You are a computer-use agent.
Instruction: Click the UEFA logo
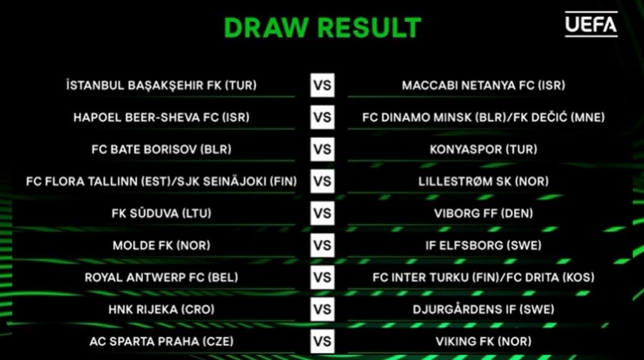coord(591,24)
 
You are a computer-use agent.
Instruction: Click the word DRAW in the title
coord(266,28)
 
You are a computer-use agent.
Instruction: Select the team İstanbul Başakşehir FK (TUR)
coord(162,85)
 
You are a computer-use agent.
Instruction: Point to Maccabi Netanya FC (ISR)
coord(484,85)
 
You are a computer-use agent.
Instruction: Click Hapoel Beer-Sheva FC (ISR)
coord(162,117)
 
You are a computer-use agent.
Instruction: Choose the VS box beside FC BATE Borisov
coord(323,149)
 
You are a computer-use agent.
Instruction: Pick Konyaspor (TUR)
coord(484,149)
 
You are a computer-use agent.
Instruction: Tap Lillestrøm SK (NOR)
coord(484,181)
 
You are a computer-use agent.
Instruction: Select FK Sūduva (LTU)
coord(162,213)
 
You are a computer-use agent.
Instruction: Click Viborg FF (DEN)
coord(484,213)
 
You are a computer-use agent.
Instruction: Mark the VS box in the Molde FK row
coord(323,245)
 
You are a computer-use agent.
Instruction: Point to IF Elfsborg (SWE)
coord(484,245)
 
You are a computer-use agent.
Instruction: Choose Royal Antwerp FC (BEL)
coord(162,278)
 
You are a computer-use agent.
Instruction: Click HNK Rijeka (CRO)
coord(162,309)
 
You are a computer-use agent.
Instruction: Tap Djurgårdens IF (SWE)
coord(484,309)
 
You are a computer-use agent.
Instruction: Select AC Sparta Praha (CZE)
coord(162,341)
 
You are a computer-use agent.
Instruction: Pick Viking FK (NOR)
coord(484,341)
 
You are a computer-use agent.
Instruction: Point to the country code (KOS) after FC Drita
coord(578,278)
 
